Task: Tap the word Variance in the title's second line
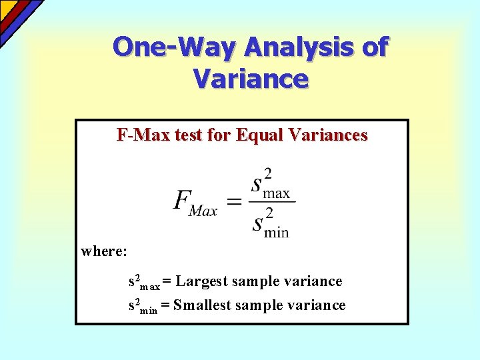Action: click(251, 79)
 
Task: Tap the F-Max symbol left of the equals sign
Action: click(195, 201)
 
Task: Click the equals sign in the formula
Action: click(234, 201)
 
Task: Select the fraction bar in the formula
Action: click(272, 201)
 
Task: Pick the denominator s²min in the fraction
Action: click(271, 221)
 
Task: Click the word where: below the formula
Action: click(104, 252)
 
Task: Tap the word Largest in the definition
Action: click(201, 282)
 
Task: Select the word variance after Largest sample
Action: click(313, 282)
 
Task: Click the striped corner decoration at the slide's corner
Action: click(17, 17)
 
